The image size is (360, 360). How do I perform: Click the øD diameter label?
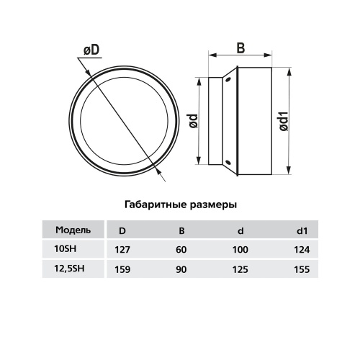[x=91, y=50]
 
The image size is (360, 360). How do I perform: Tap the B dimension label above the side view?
[x=240, y=48]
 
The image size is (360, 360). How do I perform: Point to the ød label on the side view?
[x=194, y=121]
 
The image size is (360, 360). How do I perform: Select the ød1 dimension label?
[x=284, y=121]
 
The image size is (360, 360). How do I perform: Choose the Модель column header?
[x=73, y=230]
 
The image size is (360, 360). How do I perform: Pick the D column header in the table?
[x=122, y=231]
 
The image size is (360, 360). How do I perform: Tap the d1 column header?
[x=302, y=231]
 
